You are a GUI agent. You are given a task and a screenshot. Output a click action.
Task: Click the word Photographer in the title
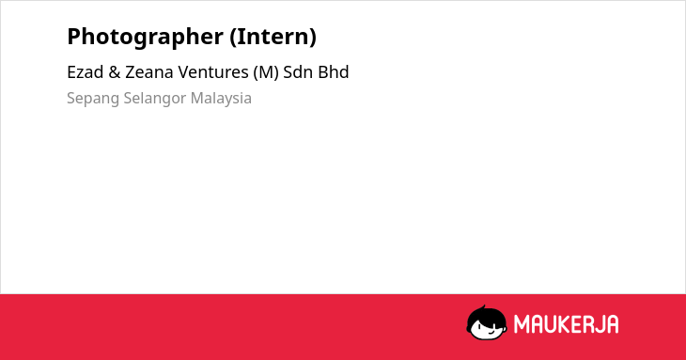coord(146,38)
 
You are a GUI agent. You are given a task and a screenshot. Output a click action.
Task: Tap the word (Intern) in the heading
coord(273,37)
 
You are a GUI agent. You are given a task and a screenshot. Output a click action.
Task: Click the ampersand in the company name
coord(115,72)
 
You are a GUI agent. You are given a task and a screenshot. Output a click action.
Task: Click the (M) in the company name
coord(266,72)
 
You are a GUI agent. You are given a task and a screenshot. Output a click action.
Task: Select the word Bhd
coord(334,72)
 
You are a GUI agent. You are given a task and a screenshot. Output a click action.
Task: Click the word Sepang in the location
coord(93,99)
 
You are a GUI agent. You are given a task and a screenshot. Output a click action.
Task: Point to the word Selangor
coord(155,99)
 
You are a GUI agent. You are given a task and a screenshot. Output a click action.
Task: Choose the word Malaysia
coord(221,99)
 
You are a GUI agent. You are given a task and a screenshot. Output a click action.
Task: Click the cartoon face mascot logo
coord(487,323)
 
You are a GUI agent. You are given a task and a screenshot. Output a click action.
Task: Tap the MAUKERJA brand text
coord(566,324)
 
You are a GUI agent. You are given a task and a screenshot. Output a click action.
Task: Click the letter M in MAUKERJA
coord(521,324)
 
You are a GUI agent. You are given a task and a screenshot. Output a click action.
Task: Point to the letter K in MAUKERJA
coord(565,324)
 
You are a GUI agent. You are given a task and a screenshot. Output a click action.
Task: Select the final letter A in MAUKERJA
coord(612,324)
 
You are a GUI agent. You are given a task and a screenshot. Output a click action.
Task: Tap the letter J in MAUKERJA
coord(598,324)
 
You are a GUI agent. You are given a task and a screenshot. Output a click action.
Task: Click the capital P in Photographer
coord(75,37)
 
